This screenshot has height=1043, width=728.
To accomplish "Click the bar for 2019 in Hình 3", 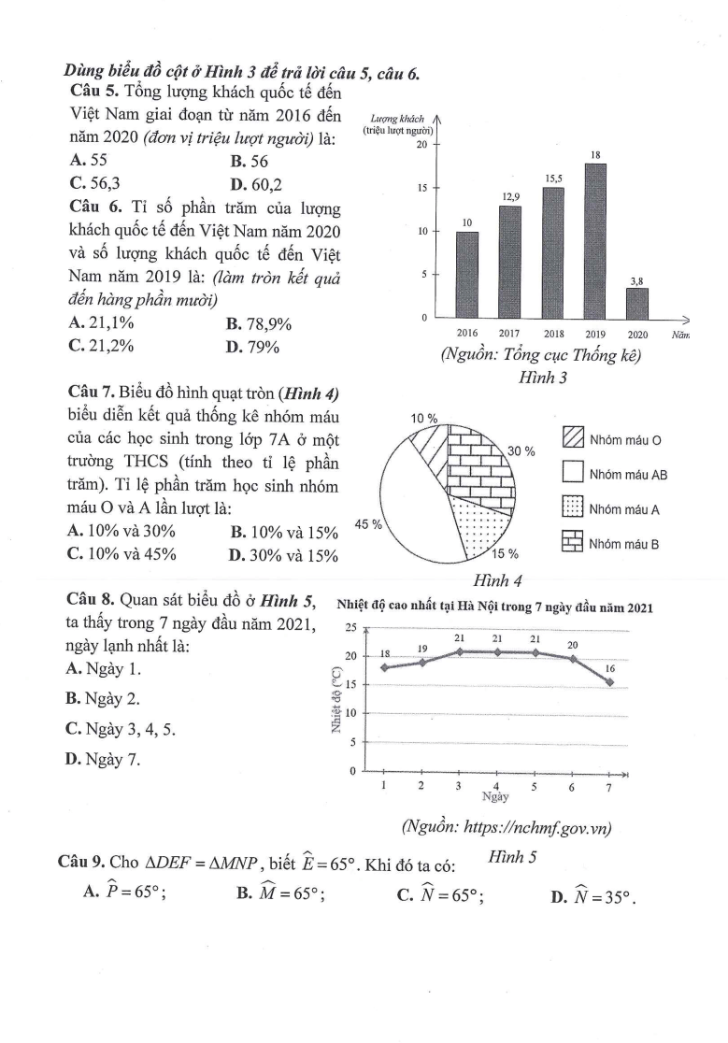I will tap(595, 241).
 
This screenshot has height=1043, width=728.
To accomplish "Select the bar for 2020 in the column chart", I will tap(637, 303).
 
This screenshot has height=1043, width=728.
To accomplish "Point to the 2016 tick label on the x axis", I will tap(467, 334).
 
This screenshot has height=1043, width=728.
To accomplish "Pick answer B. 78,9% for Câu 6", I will tap(259, 324).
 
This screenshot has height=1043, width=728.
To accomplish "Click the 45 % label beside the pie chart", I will tap(369, 524).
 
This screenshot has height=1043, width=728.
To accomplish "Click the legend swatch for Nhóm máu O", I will tap(573, 438).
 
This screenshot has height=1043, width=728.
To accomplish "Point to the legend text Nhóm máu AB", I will tap(628, 474).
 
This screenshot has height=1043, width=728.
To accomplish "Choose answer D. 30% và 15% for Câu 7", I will tap(283, 553).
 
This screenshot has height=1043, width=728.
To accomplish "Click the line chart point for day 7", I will tap(609, 681).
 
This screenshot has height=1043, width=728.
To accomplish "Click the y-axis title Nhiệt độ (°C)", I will tap(335, 696).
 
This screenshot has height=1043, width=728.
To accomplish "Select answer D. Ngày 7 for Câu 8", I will tap(103, 758).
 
